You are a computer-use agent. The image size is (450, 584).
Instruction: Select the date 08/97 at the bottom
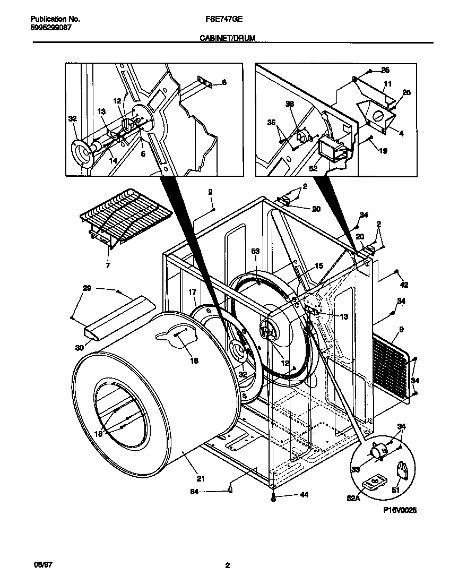coord(36,565)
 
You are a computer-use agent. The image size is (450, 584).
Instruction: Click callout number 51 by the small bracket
coord(395,490)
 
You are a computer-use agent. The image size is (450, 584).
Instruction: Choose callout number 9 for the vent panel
coord(401,330)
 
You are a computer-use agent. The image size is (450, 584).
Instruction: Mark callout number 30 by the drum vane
coord(80,348)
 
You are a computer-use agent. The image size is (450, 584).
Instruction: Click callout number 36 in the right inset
coord(290,105)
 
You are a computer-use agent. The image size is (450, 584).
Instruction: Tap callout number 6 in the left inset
coord(224,82)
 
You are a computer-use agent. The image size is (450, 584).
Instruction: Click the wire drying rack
coord(125,214)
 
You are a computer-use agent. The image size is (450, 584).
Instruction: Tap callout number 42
coord(404,285)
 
